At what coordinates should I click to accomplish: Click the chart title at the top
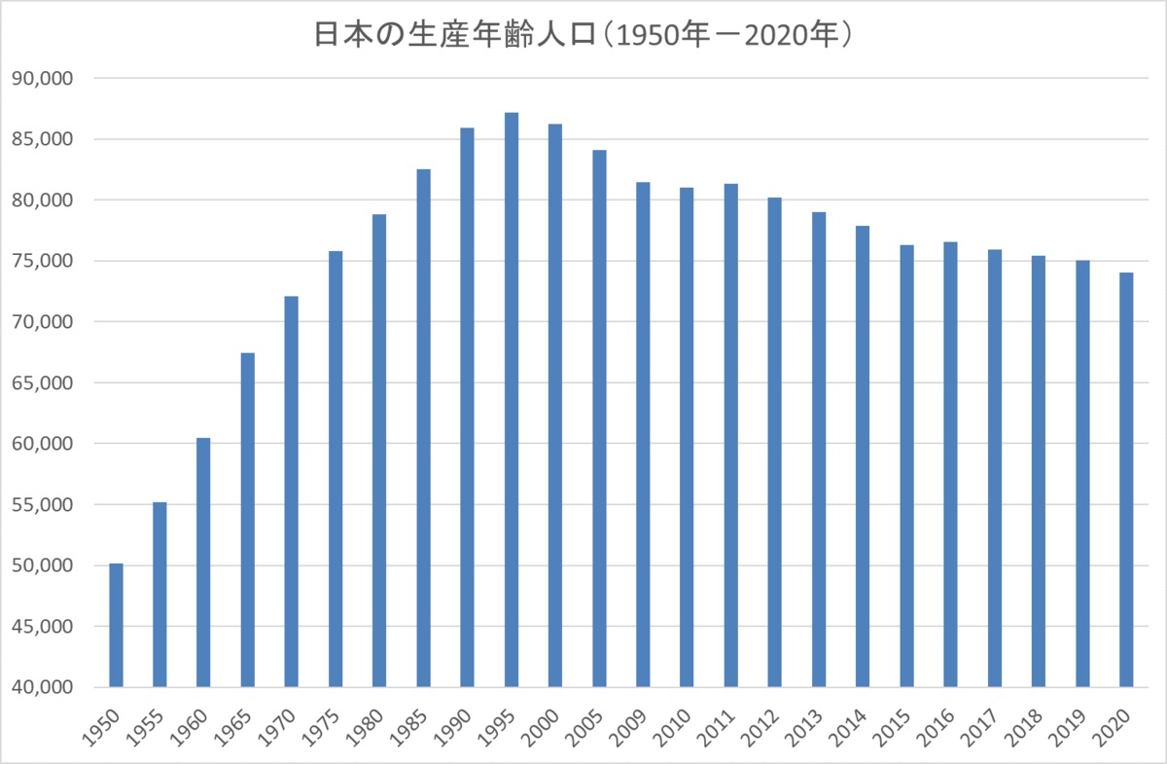(x=583, y=35)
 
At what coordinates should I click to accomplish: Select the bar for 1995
(x=512, y=399)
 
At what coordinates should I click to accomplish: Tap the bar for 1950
(x=116, y=625)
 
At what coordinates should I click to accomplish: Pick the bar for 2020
(x=1126, y=480)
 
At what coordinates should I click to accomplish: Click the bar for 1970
(x=292, y=491)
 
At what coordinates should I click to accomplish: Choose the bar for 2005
(x=600, y=418)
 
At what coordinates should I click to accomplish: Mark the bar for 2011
(x=731, y=435)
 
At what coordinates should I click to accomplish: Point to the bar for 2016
(x=951, y=464)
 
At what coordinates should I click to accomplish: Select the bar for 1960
(x=203, y=563)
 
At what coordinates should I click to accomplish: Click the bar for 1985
(x=424, y=428)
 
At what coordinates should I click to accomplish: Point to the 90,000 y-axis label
(x=42, y=79)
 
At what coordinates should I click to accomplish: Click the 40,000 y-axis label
(x=42, y=687)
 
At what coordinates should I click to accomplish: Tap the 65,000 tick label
(x=42, y=382)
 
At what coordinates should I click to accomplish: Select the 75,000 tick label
(x=42, y=261)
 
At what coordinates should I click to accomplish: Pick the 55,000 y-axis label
(x=42, y=504)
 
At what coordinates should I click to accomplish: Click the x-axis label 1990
(x=453, y=728)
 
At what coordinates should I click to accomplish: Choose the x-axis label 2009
(x=629, y=728)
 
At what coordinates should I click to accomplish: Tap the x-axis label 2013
(x=804, y=728)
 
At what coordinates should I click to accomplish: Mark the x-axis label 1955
(x=145, y=728)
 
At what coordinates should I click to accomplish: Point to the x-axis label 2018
(x=1024, y=728)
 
